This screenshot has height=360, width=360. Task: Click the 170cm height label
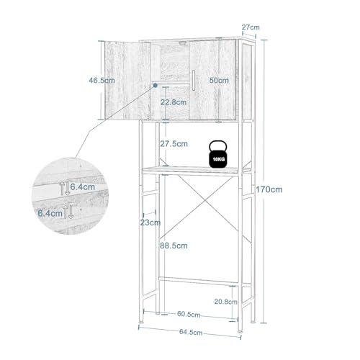click(269, 189)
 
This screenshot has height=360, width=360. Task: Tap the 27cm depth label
click(251, 27)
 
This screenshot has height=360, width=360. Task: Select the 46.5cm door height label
click(102, 80)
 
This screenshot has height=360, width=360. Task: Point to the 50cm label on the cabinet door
click(219, 81)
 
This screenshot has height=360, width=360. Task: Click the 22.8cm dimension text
click(174, 102)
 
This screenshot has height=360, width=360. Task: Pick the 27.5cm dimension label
click(174, 144)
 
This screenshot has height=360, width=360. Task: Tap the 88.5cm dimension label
click(174, 246)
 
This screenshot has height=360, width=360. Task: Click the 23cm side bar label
click(150, 222)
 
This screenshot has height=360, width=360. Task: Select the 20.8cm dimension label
click(226, 302)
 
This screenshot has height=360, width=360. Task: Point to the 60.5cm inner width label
click(189, 314)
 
